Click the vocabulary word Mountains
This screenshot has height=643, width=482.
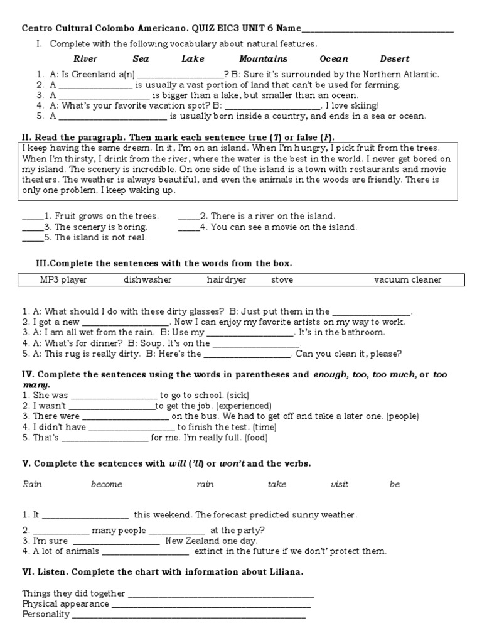[x=263, y=59]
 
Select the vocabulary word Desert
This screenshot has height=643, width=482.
[x=394, y=59]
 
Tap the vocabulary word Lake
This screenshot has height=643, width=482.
[x=193, y=59]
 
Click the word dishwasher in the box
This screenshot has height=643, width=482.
[x=147, y=280]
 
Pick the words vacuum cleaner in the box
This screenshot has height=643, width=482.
[x=407, y=280]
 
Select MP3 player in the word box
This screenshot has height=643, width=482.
[x=63, y=280]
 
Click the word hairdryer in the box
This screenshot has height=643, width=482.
[x=227, y=280]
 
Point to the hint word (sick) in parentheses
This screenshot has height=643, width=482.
[x=238, y=396]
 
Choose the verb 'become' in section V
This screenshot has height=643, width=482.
[x=107, y=485]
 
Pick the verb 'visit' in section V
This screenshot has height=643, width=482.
[x=339, y=485]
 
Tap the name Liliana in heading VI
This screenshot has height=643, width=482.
[x=284, y=572]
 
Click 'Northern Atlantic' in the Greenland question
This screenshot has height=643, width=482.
[x=404, y=74]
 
